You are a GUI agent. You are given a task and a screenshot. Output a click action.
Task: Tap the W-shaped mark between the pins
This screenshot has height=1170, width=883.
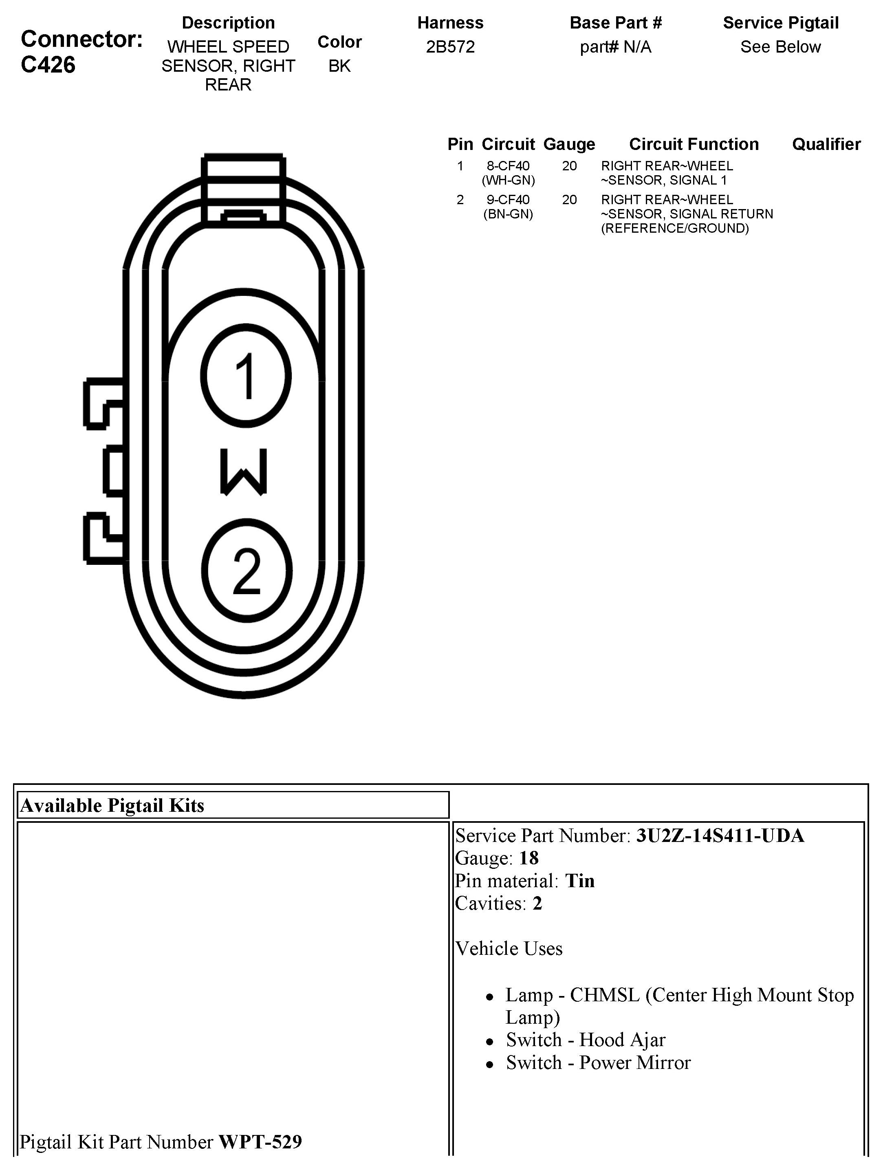(x=244, y=472)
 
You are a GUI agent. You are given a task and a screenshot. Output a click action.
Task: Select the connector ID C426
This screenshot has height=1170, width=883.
(x=48, y=64)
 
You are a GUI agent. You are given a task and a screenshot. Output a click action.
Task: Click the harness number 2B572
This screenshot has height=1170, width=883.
(x=451, y=47)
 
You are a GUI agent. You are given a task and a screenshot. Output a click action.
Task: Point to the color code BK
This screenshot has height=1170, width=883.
(x=339, y=66)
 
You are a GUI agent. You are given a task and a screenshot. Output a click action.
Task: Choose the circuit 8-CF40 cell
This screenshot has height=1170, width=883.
(x=508, y=166)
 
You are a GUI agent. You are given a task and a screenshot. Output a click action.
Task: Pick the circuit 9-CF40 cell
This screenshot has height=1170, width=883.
(x=508, y=200)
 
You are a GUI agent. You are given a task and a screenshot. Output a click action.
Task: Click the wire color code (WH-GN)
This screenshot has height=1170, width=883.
(x=508, y=181)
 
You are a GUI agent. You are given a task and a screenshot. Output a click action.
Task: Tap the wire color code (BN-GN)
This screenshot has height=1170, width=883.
(x=508, y=214)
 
